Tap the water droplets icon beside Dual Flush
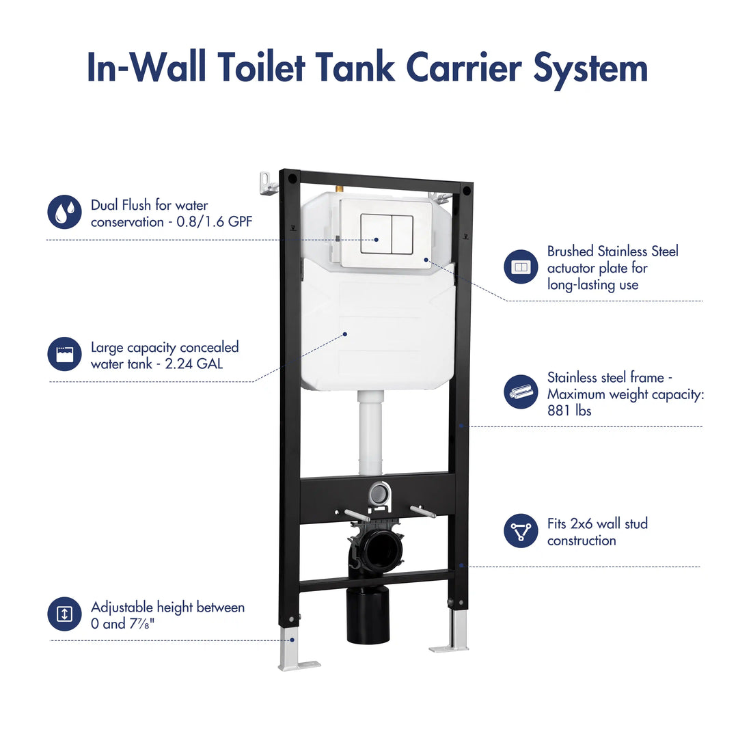point(64,212)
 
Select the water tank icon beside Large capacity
point(64,354)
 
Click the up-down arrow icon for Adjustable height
point(64,614)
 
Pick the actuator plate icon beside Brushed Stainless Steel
point(521,267)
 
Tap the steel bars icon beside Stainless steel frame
point(521,392)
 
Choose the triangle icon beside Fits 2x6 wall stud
point(521,531)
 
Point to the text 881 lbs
point(569,411)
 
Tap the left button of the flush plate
point(374,234)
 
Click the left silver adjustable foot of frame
point(294,649)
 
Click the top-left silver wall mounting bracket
point(268,183)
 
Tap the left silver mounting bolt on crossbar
point(356,515)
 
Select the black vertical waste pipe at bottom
point(368,615)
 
